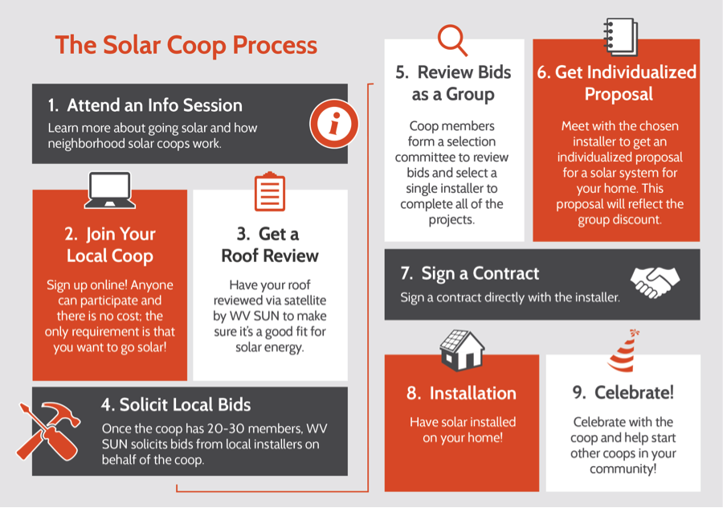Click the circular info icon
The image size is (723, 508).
334,124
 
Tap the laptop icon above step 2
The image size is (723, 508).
110,190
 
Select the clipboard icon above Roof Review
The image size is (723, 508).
270,191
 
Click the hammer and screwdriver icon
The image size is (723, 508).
49,431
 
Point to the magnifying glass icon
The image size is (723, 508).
452,40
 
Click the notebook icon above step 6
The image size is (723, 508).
621,37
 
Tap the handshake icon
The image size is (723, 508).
656,282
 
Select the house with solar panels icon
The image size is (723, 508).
462,350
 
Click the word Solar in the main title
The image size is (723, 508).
132,45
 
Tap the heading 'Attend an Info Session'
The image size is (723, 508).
154,105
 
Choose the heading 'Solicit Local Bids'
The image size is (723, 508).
185,404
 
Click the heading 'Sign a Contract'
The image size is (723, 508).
480,273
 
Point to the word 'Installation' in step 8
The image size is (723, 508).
472,393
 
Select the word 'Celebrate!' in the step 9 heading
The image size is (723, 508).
634,392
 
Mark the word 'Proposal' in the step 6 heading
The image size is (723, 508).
619,94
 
